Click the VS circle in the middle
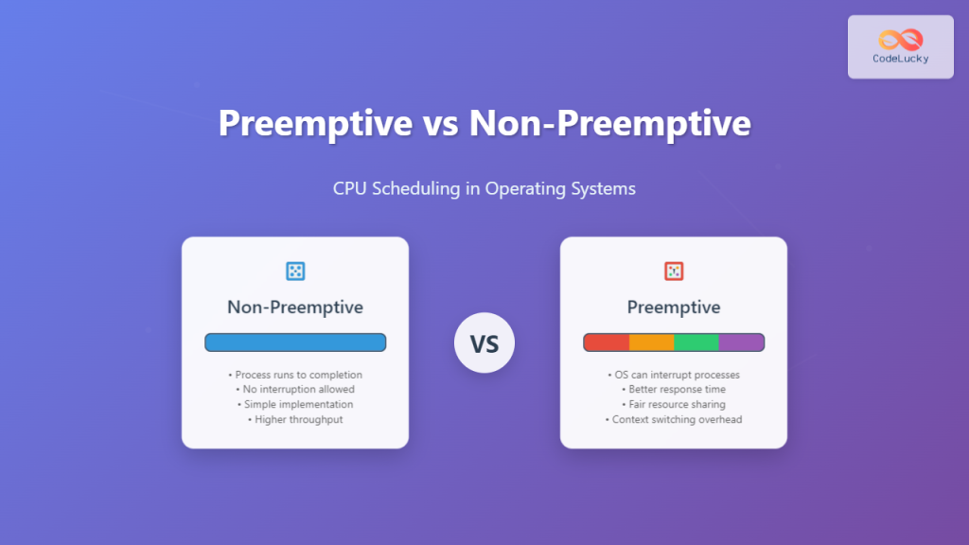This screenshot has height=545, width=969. [x=484, y=343]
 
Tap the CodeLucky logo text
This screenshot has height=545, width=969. [x=900, y=59]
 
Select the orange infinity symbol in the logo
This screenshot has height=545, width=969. [x=900, y=39]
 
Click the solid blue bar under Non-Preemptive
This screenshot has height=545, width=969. [x=295, y=343]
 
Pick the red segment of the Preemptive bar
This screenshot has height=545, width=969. [x=606, y=343]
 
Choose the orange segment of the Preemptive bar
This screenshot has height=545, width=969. [x=651, y=343]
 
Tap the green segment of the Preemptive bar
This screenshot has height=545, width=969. [x=696, y=343]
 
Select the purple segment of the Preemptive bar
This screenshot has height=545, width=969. [x=741, y=343]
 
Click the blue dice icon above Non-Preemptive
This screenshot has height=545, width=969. [x=295, y=272]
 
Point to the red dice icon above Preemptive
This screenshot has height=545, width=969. [x=674, y=272]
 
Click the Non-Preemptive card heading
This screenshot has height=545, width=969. [x=295, y=308]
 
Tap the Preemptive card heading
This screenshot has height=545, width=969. [x=674, y=308]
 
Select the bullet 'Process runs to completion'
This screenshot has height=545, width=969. [x=295, y=375]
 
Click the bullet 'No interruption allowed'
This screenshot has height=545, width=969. [x=295, y=390]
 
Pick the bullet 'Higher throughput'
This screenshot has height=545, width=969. [x=295, y=419]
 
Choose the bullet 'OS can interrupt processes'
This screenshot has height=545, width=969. [x=674, y=375]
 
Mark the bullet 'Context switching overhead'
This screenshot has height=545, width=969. [x=674, y=419]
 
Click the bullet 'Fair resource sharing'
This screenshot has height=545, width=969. [x=674, y=404]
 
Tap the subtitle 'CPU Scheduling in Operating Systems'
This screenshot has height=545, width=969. [x=484, y=188]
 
